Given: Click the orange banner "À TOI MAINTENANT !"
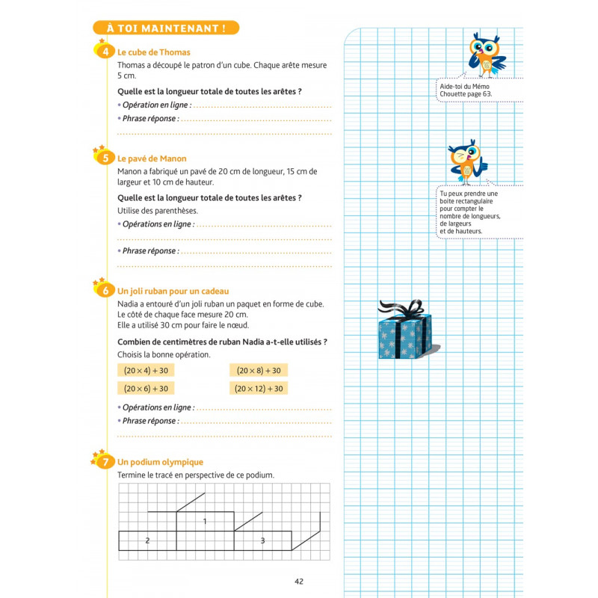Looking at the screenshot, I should (166, 28).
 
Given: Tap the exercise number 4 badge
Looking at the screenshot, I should (105, 52).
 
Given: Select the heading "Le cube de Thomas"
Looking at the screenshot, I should (154, 52).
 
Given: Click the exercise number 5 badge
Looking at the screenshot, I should (105, 158).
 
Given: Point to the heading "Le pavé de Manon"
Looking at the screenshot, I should (152, 158).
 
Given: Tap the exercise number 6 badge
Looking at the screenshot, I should (105, 291).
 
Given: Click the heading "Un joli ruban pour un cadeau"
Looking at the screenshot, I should (173, 291).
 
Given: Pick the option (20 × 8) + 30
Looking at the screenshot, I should (259, 371).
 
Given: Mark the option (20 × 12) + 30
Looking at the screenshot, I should (259, 389).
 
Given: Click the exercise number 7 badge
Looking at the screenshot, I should (105, 462).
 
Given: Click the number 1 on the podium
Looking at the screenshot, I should (205, 521).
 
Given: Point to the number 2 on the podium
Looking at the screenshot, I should (147, 540).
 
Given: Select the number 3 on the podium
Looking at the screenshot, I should (262, 540).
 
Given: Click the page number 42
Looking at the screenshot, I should (299, 582).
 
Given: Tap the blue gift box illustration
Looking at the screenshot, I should (404, 336).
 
